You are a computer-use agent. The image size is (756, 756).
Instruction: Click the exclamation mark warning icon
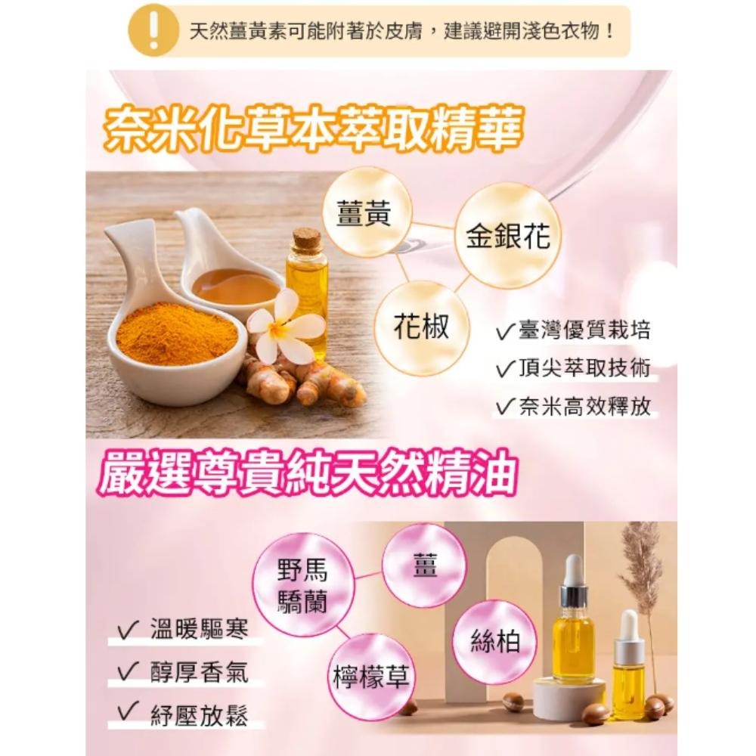[154, 31]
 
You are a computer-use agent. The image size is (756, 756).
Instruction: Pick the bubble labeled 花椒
[422, 327]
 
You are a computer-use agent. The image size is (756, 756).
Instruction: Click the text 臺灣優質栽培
[583, 331]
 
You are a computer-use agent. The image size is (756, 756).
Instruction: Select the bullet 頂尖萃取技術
[583, 368]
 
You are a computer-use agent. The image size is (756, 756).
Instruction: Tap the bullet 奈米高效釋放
[583, 407]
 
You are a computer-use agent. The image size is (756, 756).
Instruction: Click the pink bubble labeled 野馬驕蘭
[303, 584]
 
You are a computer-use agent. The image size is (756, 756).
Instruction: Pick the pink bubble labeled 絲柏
[494, 642]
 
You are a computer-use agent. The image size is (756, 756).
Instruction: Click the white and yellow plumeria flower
[280, 326]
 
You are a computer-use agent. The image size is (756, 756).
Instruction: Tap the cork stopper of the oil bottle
[307, 240]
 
